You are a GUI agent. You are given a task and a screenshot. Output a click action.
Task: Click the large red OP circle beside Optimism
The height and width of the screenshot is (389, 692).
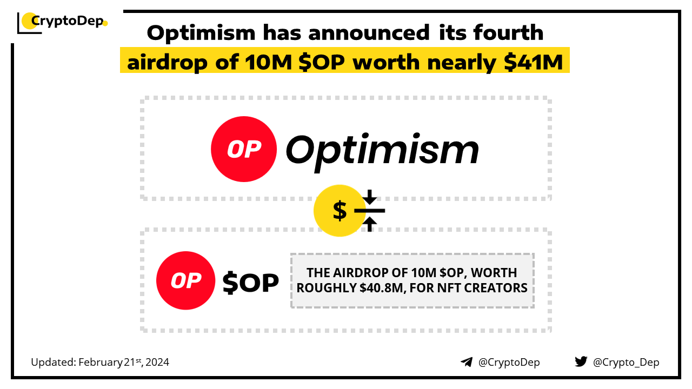(243, 149)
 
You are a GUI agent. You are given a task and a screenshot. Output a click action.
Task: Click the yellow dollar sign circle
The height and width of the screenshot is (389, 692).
(339, 211)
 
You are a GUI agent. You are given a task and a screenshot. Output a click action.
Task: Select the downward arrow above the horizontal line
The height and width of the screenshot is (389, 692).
(369, 197)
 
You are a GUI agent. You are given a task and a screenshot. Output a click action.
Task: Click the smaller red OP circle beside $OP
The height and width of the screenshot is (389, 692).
(186, 280)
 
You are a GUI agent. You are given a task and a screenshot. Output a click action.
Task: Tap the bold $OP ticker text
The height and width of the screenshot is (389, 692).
(251, 282)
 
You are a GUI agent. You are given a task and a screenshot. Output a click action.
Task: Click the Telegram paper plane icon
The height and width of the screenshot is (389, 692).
(467, 362)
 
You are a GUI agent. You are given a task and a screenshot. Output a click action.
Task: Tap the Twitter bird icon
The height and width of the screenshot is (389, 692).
(581, 362)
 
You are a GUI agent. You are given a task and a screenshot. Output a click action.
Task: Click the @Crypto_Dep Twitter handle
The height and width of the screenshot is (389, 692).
(626, 363)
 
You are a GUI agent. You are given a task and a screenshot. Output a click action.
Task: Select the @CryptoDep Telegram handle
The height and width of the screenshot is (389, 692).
(509, 363)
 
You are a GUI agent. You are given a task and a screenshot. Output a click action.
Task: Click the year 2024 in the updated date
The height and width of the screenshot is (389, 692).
(157, 363)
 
